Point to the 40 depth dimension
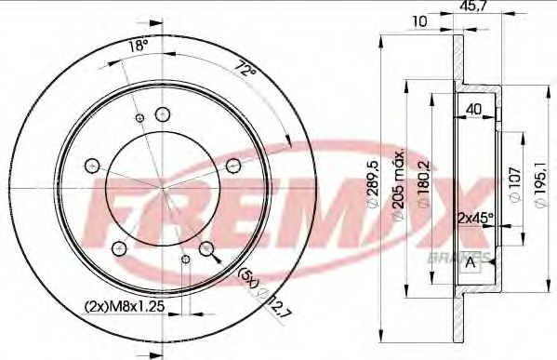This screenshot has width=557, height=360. tap(475, 108)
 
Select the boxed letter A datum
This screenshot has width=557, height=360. tap(471, 261)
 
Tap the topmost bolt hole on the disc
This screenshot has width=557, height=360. tap(164, 113)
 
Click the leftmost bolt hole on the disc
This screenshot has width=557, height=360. tap(92, 167)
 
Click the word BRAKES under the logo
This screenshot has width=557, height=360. tap(456, 254)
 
